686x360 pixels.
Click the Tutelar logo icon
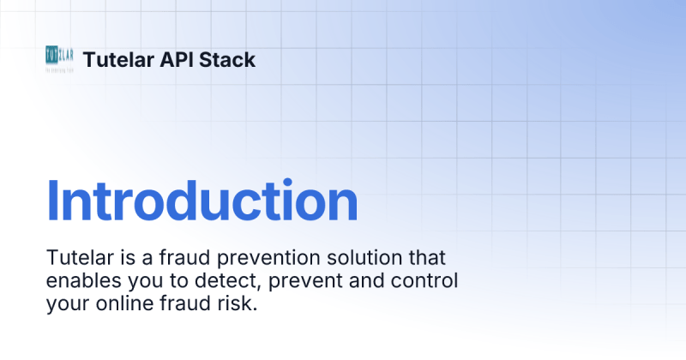59,58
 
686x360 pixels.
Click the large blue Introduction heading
202,201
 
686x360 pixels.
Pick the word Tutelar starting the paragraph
79,258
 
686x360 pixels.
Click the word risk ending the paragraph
238,304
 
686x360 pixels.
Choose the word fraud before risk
190,304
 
